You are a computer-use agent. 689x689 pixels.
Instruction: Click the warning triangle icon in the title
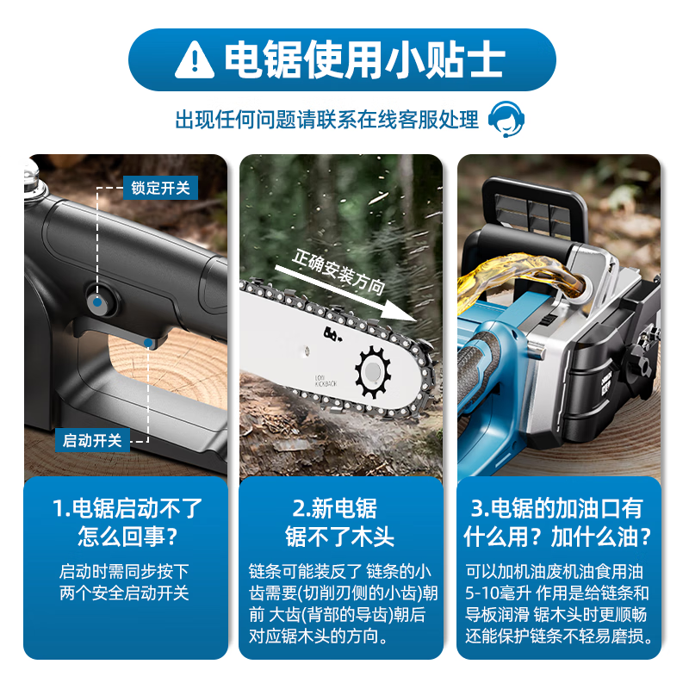click(195, 59)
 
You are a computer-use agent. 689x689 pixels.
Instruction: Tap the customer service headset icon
click(506, 120)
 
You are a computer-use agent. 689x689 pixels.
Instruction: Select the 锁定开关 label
click(160, 187)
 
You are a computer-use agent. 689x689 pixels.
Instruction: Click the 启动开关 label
click(93, 441)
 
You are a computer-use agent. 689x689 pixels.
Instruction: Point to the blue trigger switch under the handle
click(151, 342)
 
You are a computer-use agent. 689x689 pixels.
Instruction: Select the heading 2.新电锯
click(340, 508)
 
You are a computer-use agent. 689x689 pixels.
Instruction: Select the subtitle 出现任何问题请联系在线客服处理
click(327, 120)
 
